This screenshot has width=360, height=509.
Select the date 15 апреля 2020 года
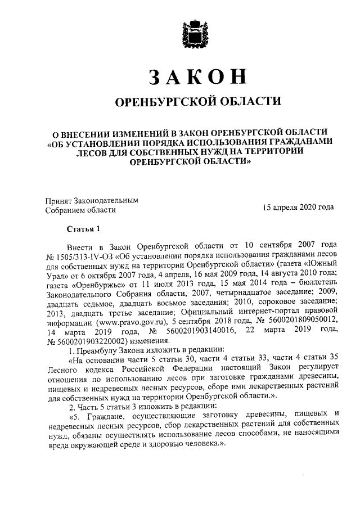pos(298,207)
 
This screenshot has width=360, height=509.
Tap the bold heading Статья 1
pos(83,229)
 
